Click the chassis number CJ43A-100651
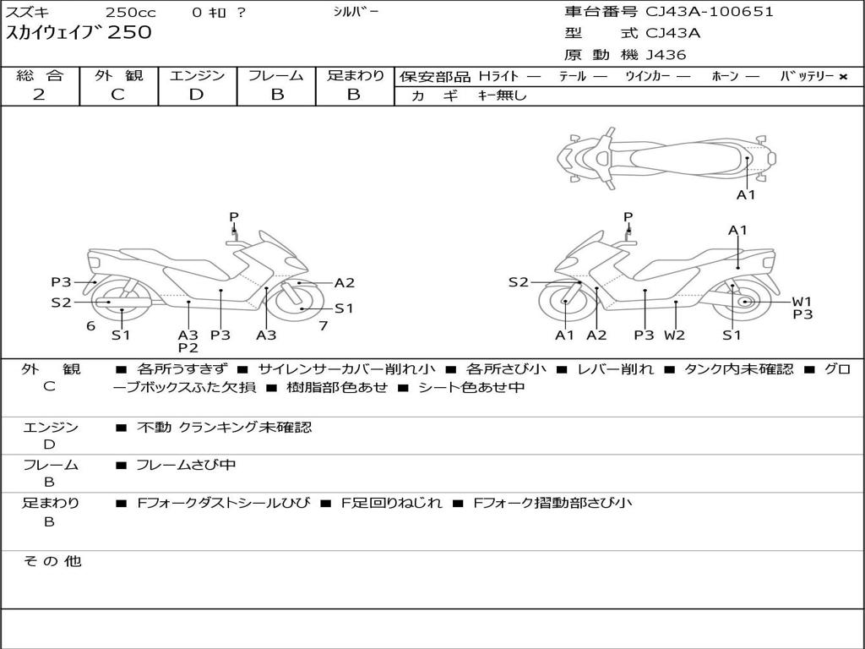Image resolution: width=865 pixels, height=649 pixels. (710, 12)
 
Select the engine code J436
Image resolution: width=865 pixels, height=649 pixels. (666, 55)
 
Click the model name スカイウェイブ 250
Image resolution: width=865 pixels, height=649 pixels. (79, 33)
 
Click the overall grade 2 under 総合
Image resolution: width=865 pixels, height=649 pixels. (39, 95)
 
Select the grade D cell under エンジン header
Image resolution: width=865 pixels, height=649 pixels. (197, 95)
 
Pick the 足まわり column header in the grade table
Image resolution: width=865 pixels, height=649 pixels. (355, 75)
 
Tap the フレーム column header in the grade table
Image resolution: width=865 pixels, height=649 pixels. (276, 75)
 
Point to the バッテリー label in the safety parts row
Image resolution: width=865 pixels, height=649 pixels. (808, 76)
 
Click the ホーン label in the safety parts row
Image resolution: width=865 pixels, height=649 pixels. (725, 76)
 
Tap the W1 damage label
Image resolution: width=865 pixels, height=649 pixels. (802, 302)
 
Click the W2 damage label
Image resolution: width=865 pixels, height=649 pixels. (674, 335)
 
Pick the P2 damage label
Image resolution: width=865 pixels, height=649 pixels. (188, 347)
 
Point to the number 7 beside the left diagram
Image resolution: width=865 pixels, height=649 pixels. (323, 325)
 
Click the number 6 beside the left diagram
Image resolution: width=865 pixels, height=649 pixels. (90, 325)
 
